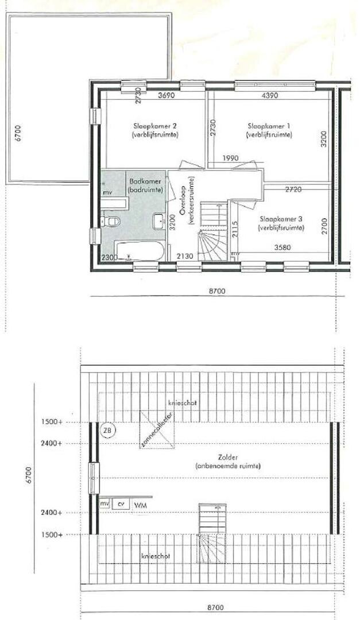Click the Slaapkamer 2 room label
tap(155, 126)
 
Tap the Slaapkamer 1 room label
tap(269, 126)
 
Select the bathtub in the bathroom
tap(141, 250)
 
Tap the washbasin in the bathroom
tap(159, 220)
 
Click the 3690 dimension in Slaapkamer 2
tap(166, 95)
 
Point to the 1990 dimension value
tap(230, 158)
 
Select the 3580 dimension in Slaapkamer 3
tap(283, 248)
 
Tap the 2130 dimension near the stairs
tap(185, 257)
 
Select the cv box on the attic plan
tap(121, 504)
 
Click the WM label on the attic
tap(140, 505)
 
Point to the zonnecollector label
tap(157, 430)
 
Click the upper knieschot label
tap(183, 403)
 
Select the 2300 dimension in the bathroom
tap(109, 258)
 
